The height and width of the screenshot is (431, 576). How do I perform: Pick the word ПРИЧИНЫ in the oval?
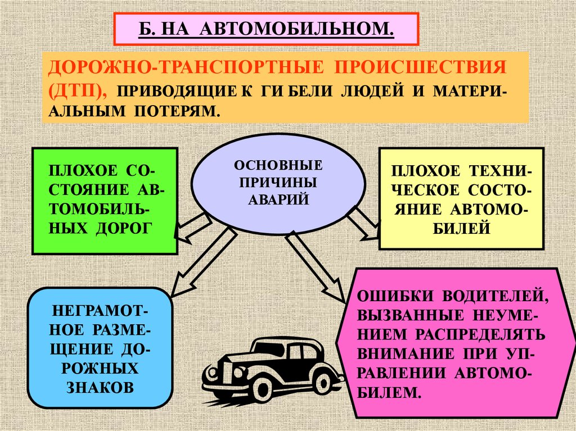pos(278,183)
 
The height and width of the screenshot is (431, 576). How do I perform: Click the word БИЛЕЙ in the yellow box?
pos(461,228)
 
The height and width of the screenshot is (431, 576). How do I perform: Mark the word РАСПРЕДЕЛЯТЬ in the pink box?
pos(481,334)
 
